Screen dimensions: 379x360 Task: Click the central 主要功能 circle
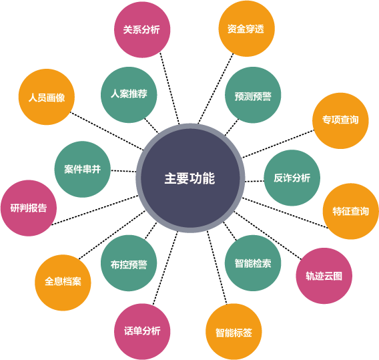coord(190,178)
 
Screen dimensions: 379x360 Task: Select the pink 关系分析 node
coord(142,29)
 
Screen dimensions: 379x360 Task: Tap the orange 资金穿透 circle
coord(246,29)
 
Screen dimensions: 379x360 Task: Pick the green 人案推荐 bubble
coord(129,95)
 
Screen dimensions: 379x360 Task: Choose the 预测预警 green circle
coord(253,95)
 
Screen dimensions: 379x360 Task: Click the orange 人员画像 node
coord(47,97)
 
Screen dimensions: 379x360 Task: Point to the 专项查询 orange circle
coord(340,121)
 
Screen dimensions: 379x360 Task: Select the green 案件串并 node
coord(83,169)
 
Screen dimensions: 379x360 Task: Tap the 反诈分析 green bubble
coord(292,178)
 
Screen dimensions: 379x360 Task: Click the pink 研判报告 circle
coord(29,208)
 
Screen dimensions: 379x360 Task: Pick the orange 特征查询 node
coord(351,212)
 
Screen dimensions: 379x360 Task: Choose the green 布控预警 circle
coord(129,263)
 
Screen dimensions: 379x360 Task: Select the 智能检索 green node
coord(253,263)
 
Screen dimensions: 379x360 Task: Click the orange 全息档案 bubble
coord(63,283)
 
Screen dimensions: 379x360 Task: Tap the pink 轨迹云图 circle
coord(324,276)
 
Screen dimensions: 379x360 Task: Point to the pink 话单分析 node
coord(142,331)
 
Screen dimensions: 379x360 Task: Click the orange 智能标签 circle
coord(234,332)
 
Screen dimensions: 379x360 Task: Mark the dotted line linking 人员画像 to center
coord(107,131)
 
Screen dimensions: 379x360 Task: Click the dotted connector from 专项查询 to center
coord(278,144)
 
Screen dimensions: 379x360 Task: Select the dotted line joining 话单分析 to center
coord(165,268)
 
